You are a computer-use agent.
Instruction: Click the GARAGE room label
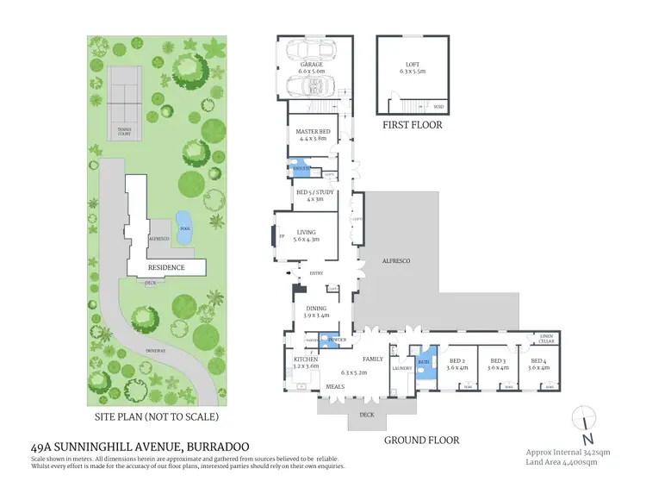point(311,65)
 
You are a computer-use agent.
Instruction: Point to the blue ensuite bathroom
point(299,166)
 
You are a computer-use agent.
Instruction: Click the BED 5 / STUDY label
point(315,192)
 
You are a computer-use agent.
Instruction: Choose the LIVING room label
point(307,231)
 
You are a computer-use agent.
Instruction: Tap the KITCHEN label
point(305,362)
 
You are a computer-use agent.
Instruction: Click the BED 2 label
point(457,363)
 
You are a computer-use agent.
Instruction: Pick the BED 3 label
point(497,363)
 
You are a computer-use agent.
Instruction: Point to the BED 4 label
point(538,363)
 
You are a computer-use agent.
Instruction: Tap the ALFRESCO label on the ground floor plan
point(395,259)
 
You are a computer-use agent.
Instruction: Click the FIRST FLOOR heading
point(412,125)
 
